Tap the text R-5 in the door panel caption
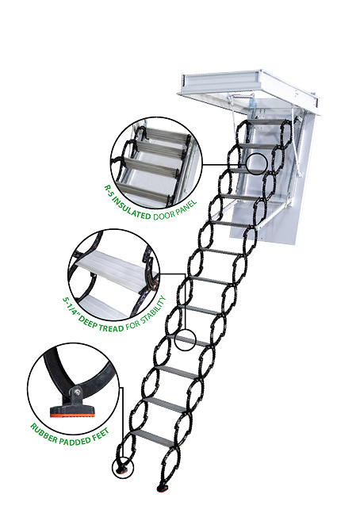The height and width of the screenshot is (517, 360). tap(108, 191)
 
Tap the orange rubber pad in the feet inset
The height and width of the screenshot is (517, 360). tap(72, 416)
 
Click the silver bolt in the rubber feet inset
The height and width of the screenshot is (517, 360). tap(76, 392)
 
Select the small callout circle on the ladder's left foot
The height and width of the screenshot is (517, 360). tap(123, 468)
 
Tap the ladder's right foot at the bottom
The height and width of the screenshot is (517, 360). tap(163, 488)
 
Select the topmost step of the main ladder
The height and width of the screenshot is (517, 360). tap(266, 121)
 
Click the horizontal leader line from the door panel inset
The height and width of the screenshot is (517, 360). tap(224, 164)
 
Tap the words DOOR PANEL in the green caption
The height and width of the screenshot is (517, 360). tap(175, 209)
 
